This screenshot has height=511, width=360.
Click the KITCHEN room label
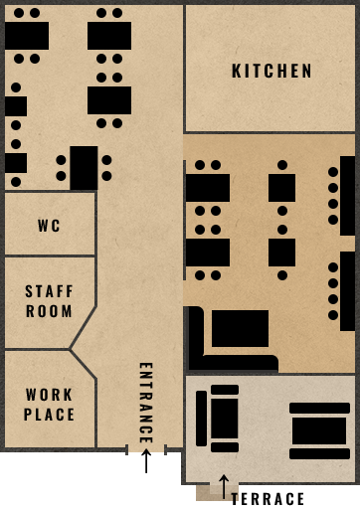tap(271, 72)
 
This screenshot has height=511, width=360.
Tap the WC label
tap(50, 226)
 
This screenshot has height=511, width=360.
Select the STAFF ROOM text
tap(50, 301)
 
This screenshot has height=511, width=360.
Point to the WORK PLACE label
tap(50, 405)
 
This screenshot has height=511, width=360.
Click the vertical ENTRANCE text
tap(145, 403)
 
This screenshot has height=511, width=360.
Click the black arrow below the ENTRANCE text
tap(146, 460)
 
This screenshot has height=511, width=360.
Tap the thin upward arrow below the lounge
tap(225, 485)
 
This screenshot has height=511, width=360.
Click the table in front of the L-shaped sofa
tap(240, 328)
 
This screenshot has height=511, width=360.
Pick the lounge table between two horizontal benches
tap(319, 430)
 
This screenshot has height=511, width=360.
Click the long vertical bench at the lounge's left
tap(202, 418)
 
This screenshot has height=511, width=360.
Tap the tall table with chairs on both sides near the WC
tap(84, 168)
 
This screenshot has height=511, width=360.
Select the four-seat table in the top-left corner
tap(27, 36)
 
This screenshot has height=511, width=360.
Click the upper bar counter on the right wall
tap(347, 195)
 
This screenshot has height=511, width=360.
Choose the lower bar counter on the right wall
tap(347, 291)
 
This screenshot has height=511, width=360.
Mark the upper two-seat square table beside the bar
tap(281, 188)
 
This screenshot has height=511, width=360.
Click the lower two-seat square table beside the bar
tap(281, 253)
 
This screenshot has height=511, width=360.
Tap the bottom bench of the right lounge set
tap(319, 453)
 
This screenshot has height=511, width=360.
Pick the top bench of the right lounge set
tap(319, 408)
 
